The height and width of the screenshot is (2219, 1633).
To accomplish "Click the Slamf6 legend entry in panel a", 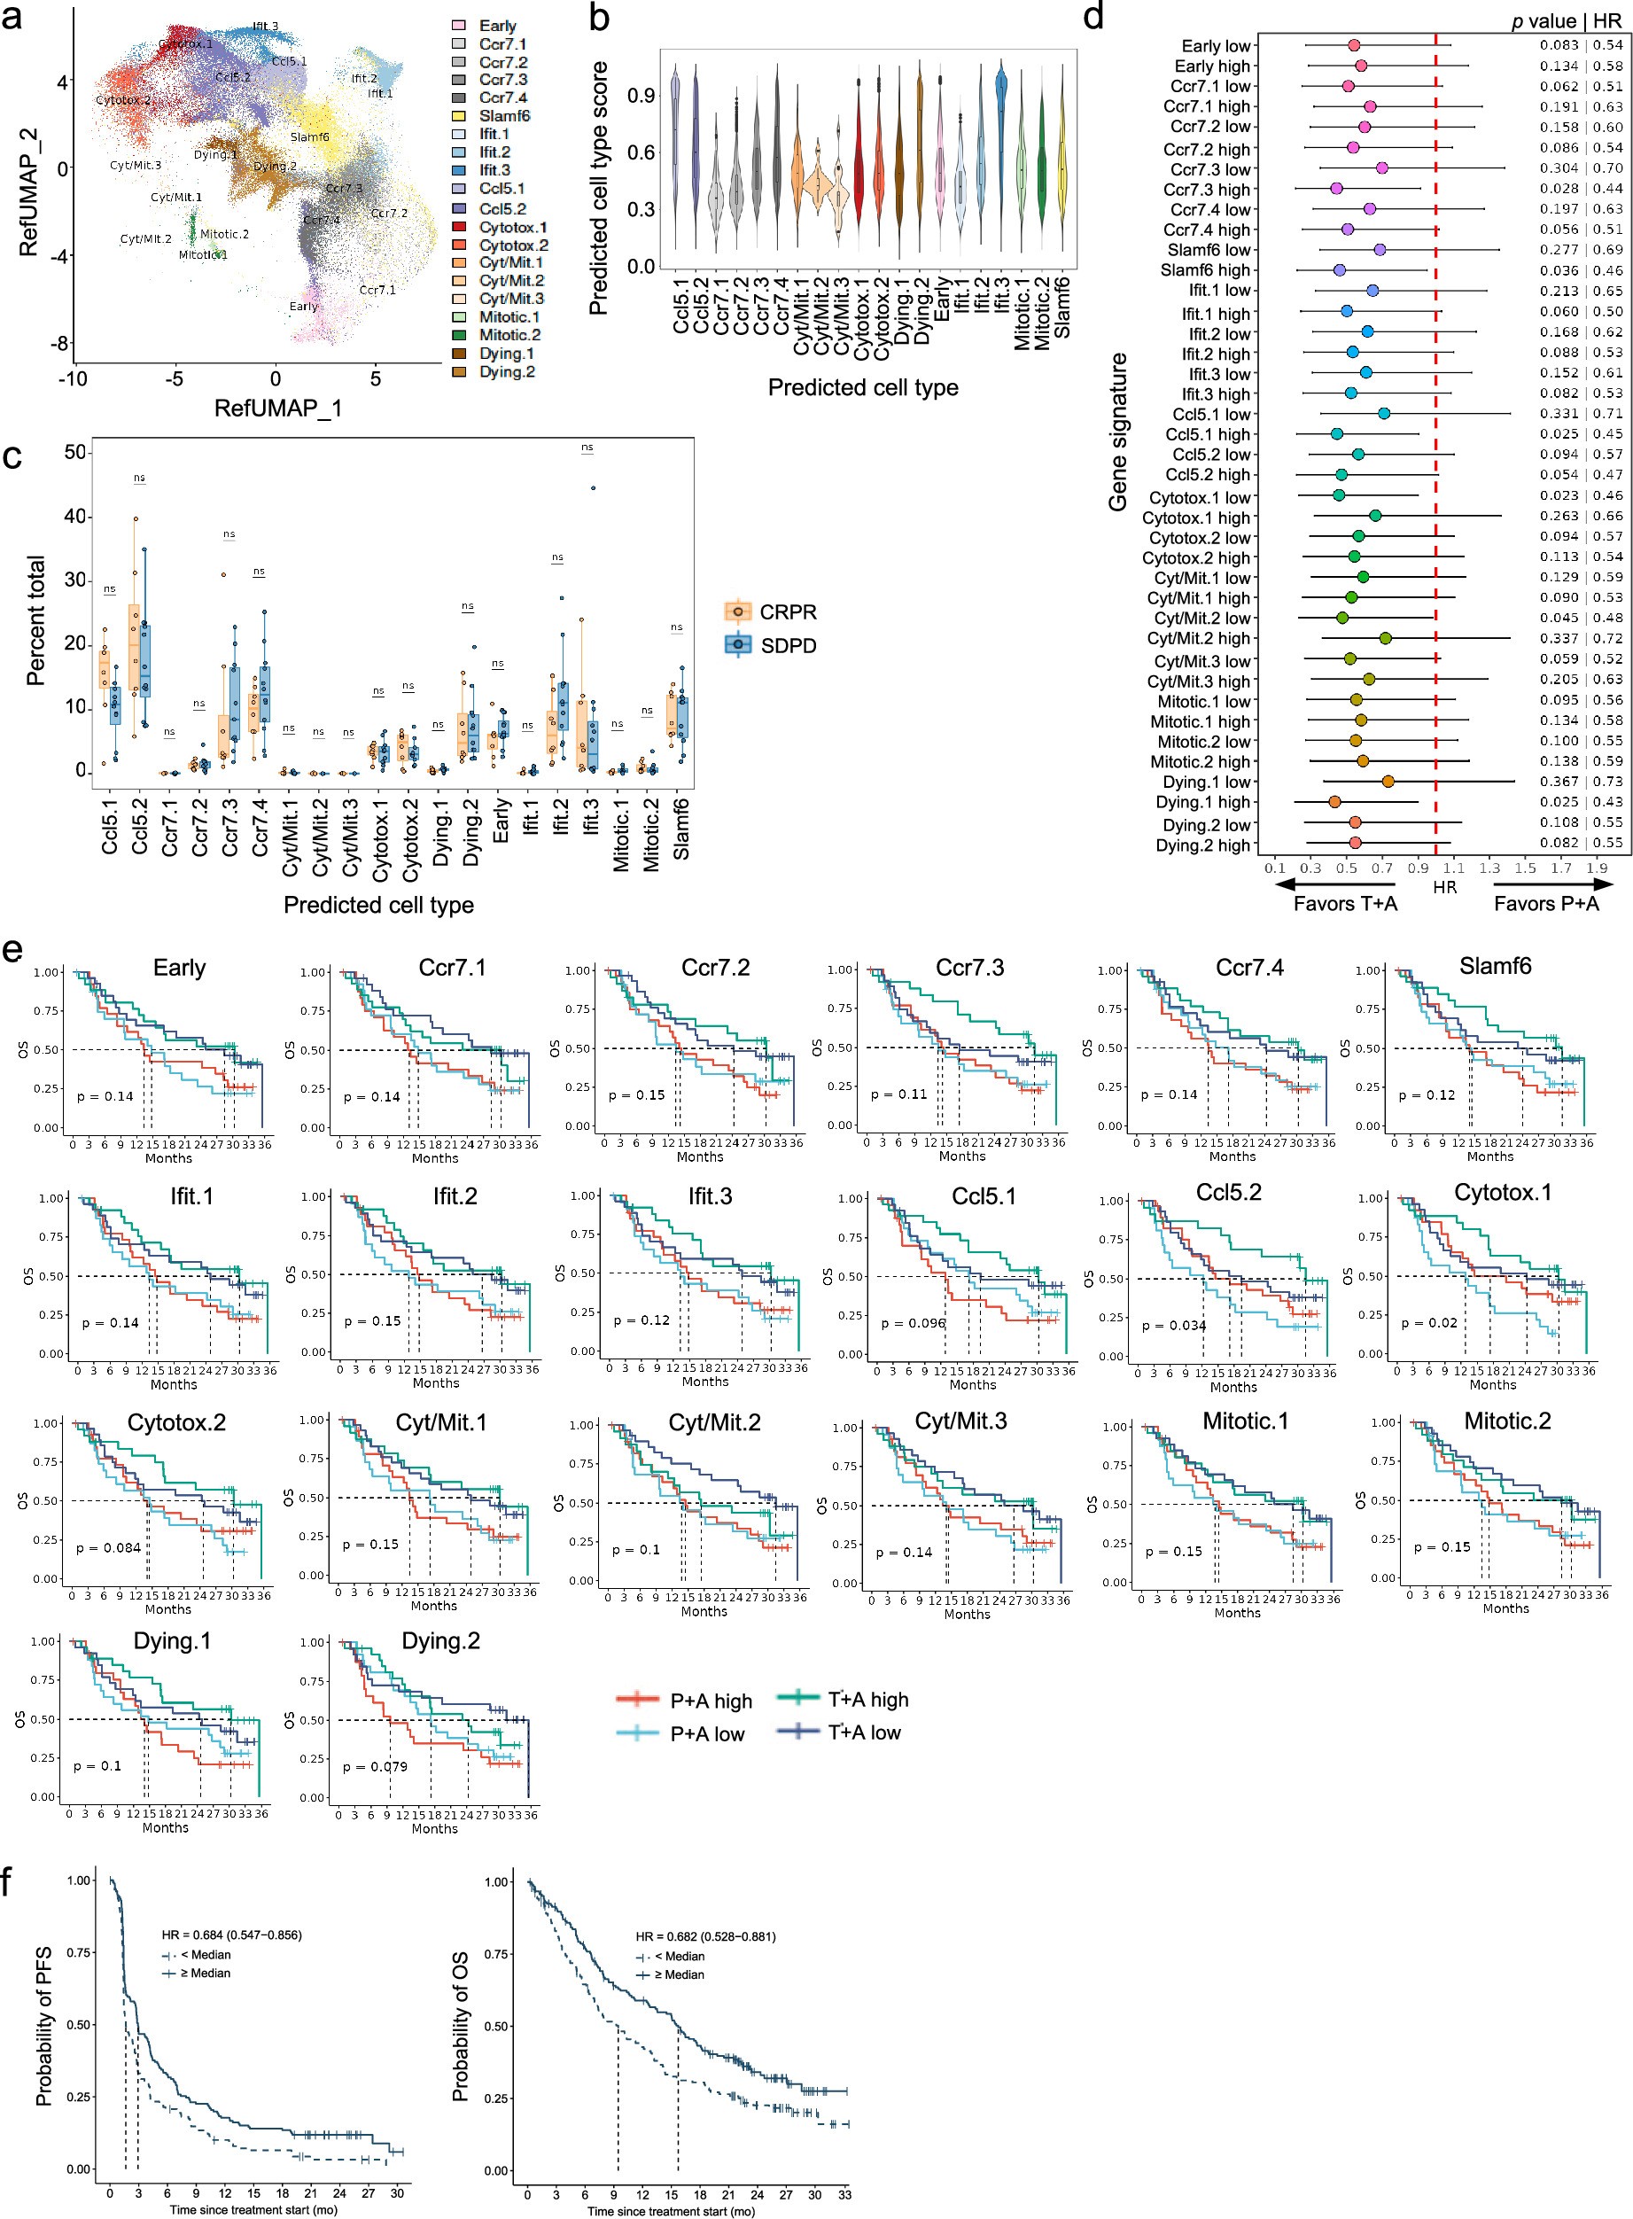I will pos(504,115).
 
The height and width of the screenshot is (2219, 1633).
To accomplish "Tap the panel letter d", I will pos(1093,17).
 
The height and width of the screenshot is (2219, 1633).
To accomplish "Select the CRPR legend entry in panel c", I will pos(787,611).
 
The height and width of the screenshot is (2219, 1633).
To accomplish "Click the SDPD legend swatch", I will pos(737,644).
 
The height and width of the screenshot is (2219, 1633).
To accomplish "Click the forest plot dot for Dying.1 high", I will pos(1334,802).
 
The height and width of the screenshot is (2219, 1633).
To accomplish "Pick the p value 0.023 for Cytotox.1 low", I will pos(1558,496).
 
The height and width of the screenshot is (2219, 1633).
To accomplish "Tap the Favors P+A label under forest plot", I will pos(1545,902).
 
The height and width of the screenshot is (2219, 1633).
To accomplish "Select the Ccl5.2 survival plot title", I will pos(1228,1192).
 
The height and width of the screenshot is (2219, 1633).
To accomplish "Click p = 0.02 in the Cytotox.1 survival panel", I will pos(1428,1321).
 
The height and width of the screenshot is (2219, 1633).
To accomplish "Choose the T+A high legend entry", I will pos(868,1699).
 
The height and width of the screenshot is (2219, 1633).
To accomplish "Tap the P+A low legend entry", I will pos(707,1732).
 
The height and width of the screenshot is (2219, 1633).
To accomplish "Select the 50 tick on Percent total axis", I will pos(75,453).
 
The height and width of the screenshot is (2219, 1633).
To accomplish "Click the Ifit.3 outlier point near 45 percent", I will pos(593,487).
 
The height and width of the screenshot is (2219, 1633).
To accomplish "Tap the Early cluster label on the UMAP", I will pos(302,307).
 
